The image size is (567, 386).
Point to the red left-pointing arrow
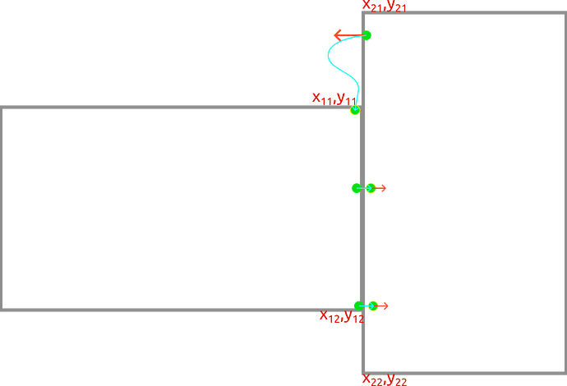339,34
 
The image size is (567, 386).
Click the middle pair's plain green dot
356,188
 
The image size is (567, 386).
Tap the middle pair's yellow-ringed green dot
371,188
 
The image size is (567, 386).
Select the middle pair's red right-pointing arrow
380,188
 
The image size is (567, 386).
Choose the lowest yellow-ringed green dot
372,306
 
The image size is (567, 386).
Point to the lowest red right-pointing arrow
383,306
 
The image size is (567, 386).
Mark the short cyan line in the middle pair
363,188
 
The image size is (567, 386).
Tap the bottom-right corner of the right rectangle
564,374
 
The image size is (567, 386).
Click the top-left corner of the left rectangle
2,108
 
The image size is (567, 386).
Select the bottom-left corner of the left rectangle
2,310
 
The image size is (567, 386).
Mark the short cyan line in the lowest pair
365,306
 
